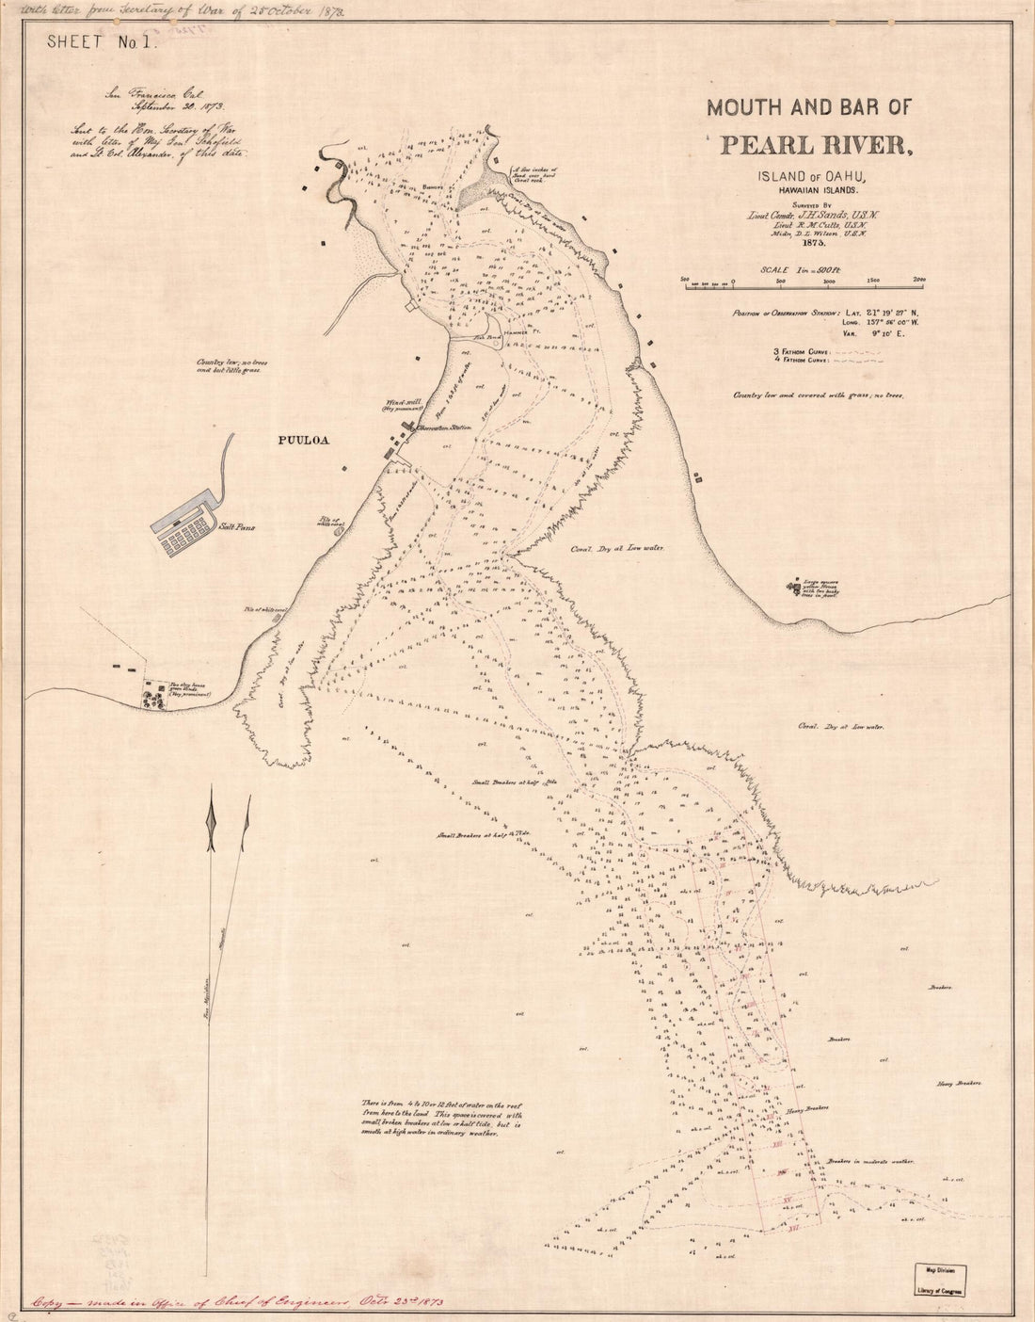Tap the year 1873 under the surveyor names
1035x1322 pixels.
[x=809, y=242]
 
